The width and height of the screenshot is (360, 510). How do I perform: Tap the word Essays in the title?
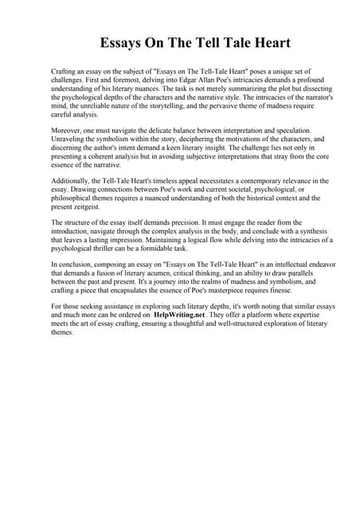[123, 42]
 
